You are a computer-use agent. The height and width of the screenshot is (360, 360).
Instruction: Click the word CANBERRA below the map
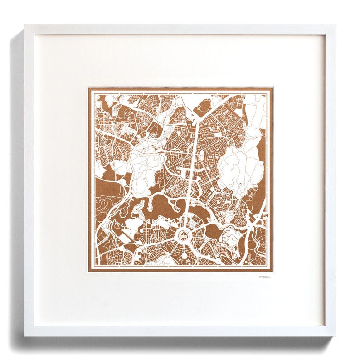[264, 276]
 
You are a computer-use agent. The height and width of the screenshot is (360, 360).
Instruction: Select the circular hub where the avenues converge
[184, 235]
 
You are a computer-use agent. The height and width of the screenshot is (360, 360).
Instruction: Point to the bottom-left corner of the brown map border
[89, 272]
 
